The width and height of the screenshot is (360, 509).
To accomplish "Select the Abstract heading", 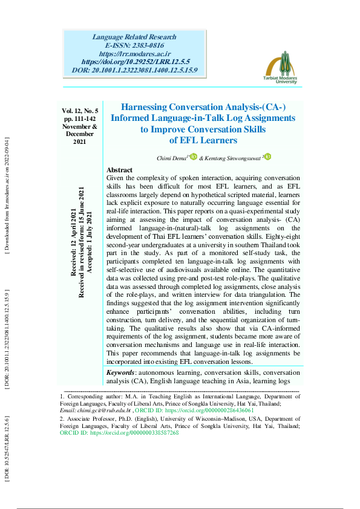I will pos(119,170).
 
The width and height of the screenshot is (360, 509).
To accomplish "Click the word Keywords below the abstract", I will pos(120,373).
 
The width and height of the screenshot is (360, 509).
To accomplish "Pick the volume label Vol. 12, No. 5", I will pos(80,111).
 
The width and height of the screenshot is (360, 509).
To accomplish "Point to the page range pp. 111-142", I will pos(80,119).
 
